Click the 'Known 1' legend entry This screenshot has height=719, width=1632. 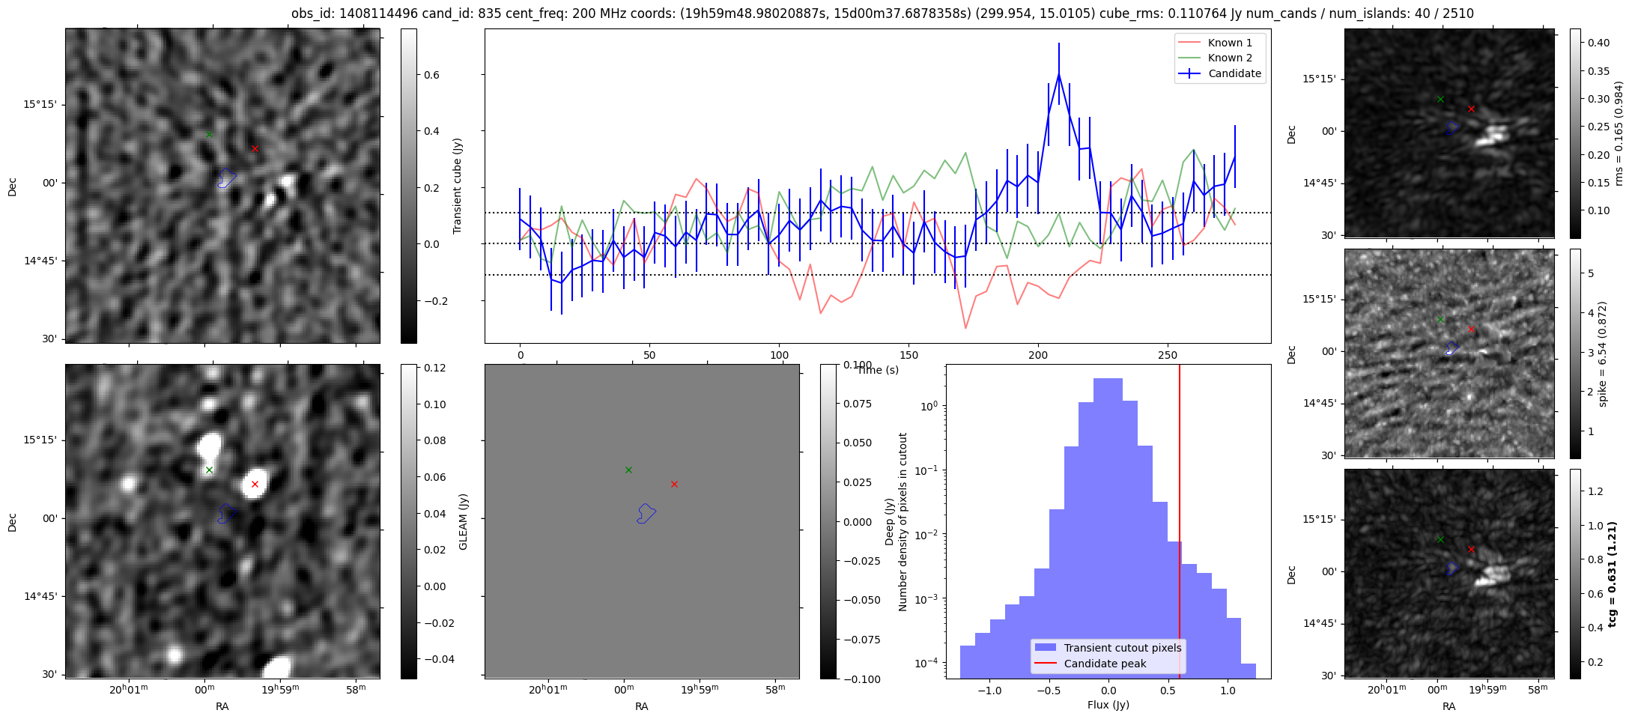[x=1230, y=43]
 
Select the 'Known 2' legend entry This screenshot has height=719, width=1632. [x=1230, y=58]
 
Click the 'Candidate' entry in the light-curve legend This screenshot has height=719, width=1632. [x=1234, y=73]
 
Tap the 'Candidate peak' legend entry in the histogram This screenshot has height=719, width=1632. [x=1105, y=664]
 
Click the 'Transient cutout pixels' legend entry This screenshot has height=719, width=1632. [x=1122, y=648]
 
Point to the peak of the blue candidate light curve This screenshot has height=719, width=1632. [x=1059, y=74]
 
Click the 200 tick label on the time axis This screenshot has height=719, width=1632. [x=1038, y=354]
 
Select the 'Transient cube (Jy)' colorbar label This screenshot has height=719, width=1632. [x=458, y=186]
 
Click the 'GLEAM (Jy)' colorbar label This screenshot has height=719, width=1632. [x=463, y=522]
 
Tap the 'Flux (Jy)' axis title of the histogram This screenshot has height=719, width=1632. [x=1108, y=705]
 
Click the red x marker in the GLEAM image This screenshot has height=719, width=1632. [x=255, y=485]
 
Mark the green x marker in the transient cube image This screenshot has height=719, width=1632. [x=209, y=135]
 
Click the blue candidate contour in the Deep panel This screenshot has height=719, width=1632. [x=646, y=514]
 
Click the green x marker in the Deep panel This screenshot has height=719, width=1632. [x=628, y=470]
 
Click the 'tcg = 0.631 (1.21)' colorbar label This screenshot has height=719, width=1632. [x=1613, y=574]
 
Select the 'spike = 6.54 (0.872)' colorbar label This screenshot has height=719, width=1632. [x=1602, y=354]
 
